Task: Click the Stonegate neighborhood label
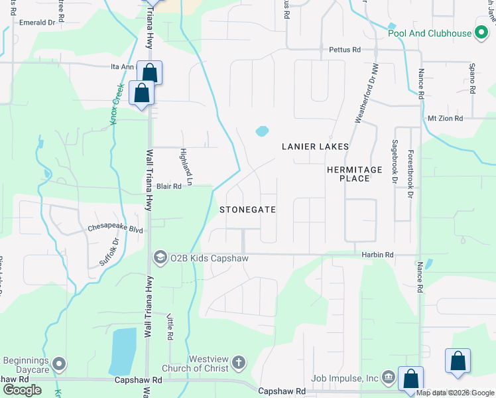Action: tap(247, 209)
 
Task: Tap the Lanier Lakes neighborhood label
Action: tap(315, 146)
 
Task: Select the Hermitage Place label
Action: tap(355, 174)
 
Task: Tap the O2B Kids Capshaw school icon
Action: tap(160, 257)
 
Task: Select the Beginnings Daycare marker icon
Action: tap(60, 364)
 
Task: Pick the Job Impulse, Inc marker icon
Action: tap(389, 378)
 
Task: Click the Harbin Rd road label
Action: tap(378, 254)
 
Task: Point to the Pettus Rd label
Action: tap(345, 50)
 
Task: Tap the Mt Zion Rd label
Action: tap(444, 118)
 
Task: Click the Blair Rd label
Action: tap(168, 187)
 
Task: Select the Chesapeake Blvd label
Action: tap(115, 229)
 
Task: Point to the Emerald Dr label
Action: tap(36, 23)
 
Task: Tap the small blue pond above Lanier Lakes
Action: tap(262, 131)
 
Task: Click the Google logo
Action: tap(23, 389)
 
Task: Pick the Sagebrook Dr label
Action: tap(395, 161)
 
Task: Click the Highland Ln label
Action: tap(186, 166)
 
